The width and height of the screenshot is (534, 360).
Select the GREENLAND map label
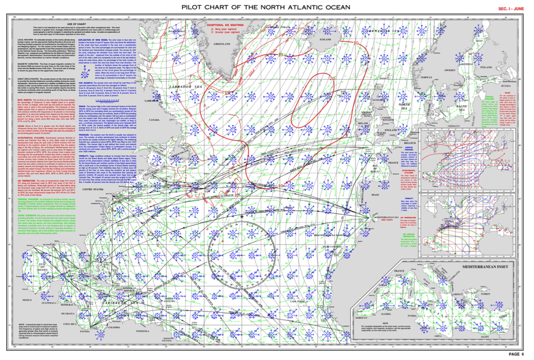[x=222, y=44]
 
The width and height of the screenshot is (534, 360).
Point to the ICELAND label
[x=325, y=39]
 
